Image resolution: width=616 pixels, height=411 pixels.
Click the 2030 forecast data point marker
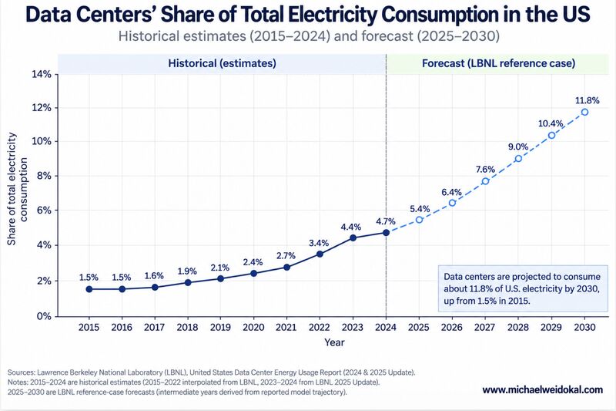pyautogui.click(x=584, y=112)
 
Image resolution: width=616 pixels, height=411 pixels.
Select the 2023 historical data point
pyautogui.click(x=353, y=238)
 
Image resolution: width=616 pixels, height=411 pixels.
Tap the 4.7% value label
pyautogui.click(x=386, y=221)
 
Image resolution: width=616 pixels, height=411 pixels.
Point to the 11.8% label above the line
pyautogui.click(x=588, y=101)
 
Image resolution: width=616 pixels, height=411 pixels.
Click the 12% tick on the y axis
pyautogui.click(x=42, y=108)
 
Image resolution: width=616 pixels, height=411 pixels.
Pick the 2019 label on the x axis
pyautogui.click(x=220, y=327)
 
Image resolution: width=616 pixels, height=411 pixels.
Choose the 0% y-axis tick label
pyautogui.click(x=44, y=316)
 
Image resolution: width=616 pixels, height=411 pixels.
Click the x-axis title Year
pyautogui.click(x=334, y=342)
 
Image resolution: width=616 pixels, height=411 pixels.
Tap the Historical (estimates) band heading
pyautogui.click(x=222, y=63)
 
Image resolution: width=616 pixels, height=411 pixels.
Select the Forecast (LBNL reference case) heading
pyautogui.click(x=498, y=63)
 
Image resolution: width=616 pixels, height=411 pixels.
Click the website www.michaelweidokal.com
pyautogui.click(x=543, y=389)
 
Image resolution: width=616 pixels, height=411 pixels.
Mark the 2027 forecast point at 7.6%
pyautogui.click(x=486, y=181)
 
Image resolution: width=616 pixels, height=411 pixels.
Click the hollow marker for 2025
pyautogui.click(x=419, y=220)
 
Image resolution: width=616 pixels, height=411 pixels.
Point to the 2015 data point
pyautogui.click(x=89, y=289)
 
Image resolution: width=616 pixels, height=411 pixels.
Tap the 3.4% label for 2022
pyautogui.click(x=319, y=243)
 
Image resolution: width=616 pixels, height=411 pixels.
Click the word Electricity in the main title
pyautogui.click(x=332, y=15)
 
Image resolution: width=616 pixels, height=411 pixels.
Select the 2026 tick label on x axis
pyautogui.click(x=452, y=327)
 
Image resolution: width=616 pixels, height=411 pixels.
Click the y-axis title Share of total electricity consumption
pyautogui.click(x=18, y=189)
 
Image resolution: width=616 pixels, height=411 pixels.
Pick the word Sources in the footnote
pyautogui.click(x=21, y=372)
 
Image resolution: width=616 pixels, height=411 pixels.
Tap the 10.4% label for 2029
pyautogui.click(x=551, y=124)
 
